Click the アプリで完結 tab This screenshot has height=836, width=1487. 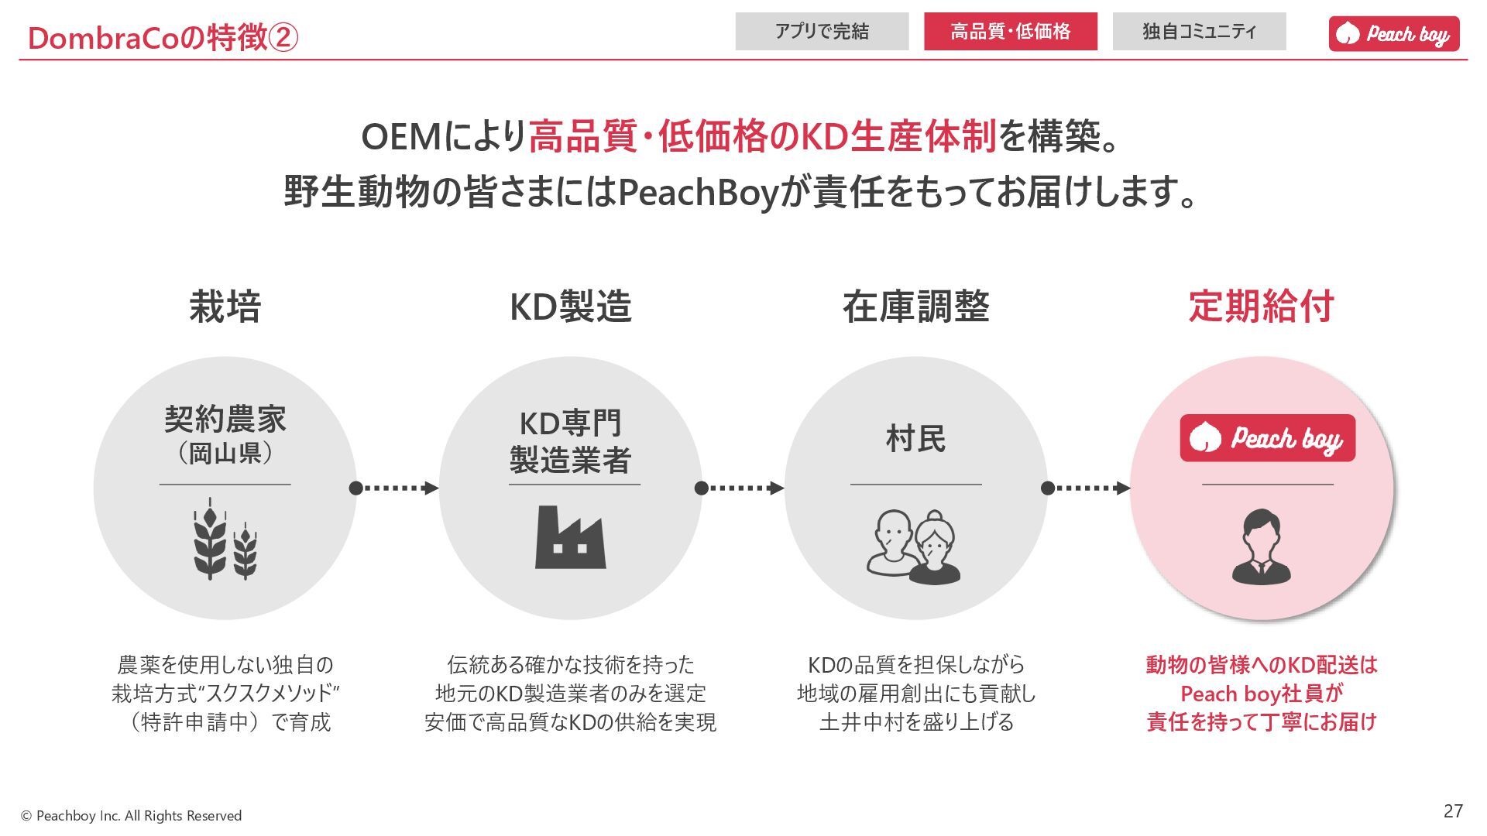(x=822, y=32)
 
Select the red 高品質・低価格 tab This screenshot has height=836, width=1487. (x=1010, y=32)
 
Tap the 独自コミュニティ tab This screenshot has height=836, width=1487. (x=1199, y=32)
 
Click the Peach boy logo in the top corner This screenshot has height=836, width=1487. (x=1394, y=34)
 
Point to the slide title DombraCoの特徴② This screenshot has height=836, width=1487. (x=163, y=37)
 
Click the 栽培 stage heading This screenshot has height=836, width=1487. (x=225, y=307)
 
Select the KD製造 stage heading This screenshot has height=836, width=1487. (x=571, y=307)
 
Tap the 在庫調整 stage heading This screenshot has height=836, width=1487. (x=916, y=307)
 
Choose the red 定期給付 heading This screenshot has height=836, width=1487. (x=1261, y=307)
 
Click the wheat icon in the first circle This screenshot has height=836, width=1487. (x=225, y=540)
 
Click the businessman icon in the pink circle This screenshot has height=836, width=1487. (x=1262, y=546)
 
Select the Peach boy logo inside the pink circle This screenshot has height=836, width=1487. (x=1268, y=438)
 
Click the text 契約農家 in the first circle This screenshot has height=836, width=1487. (x=225, y=420)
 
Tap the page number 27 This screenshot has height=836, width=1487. (x=1453, y=810)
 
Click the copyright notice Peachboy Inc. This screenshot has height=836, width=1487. (x=131, y=816)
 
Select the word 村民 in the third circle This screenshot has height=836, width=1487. (x=916, y=439)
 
